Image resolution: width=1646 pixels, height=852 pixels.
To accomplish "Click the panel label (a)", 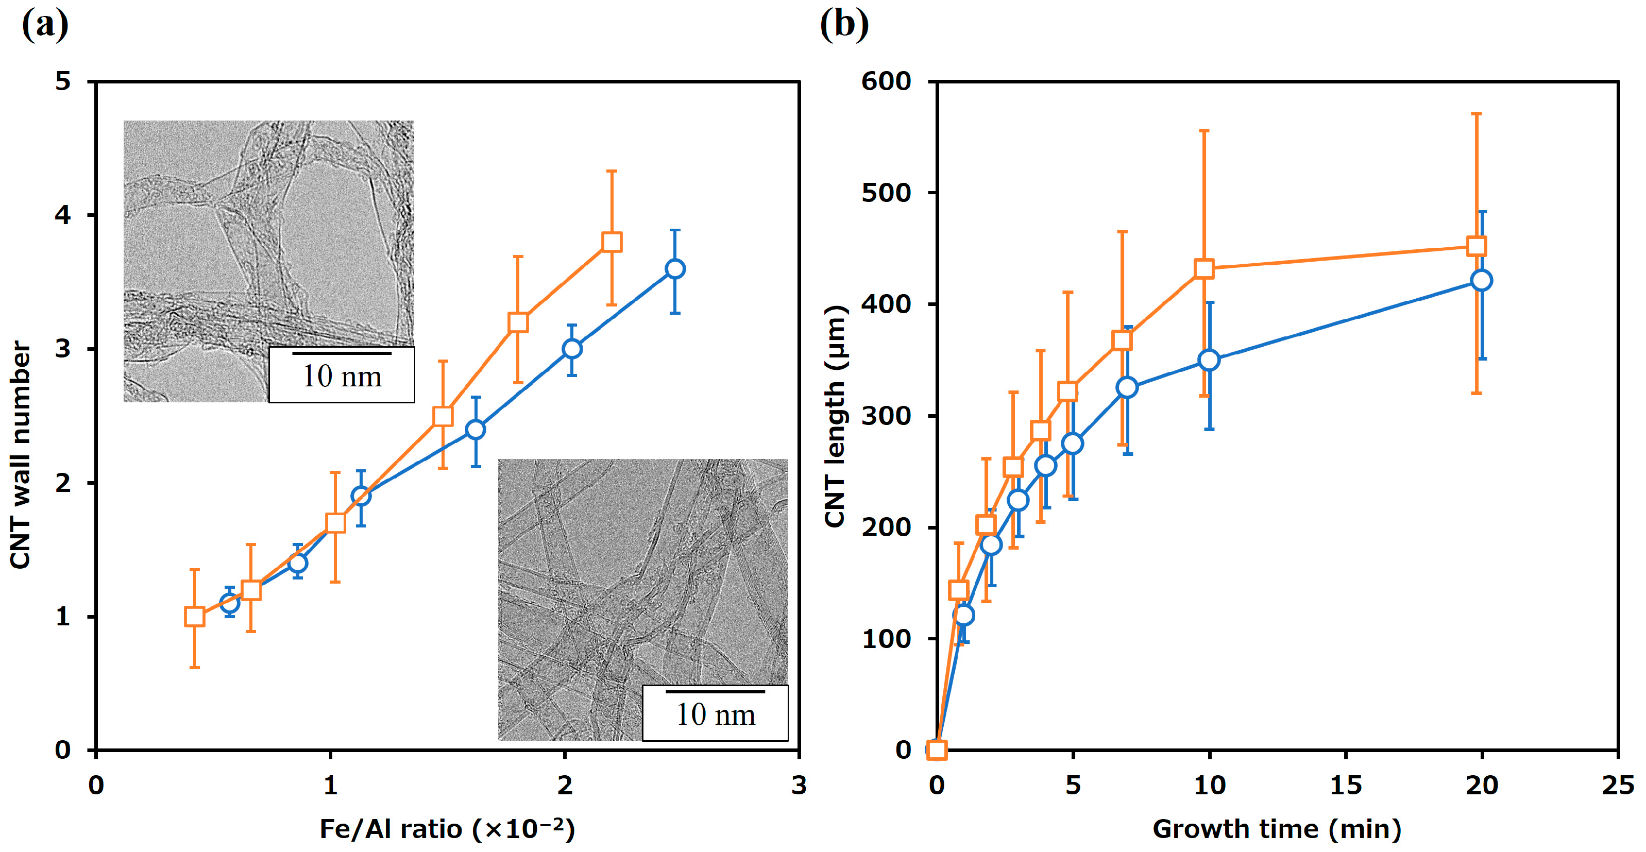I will (x=45, y=26).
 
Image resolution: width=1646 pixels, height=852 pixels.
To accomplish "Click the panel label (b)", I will (x=844, y=26).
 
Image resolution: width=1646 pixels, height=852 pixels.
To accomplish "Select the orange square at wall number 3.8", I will (x=612, y=242).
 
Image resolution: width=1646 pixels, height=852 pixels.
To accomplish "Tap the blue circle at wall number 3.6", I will (x=675, y=269).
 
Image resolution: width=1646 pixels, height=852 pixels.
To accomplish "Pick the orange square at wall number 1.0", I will (x=194, y=616).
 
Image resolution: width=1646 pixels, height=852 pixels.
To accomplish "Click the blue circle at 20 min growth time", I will (x=1481, y=280).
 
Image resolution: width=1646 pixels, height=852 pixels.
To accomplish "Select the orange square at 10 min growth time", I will (x=1204, y=269).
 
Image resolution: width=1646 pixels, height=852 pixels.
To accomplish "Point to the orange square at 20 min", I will (x=1477, y=246).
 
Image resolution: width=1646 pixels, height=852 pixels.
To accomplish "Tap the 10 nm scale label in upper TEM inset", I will (x=342, y=376).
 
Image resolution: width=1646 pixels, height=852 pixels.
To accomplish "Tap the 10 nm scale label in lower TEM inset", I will (x=716, y=714).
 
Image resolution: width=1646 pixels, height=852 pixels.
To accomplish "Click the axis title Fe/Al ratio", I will (x=447, y=829).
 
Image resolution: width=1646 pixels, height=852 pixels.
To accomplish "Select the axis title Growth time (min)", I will (x=1277, y=829).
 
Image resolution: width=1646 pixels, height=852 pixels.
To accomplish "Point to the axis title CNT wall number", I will (x=21, y=454).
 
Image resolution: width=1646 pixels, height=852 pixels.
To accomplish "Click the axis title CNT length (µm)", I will (x=835, y=416).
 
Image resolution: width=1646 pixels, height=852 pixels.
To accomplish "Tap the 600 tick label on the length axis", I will (x=886, y=82).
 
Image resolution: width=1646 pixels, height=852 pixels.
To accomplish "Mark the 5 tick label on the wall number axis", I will (x=63, y=82).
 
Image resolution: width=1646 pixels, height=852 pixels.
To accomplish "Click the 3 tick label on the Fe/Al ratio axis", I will (x=799, y=786).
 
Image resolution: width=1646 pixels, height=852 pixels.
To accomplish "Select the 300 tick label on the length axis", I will (x=886, y=416).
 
